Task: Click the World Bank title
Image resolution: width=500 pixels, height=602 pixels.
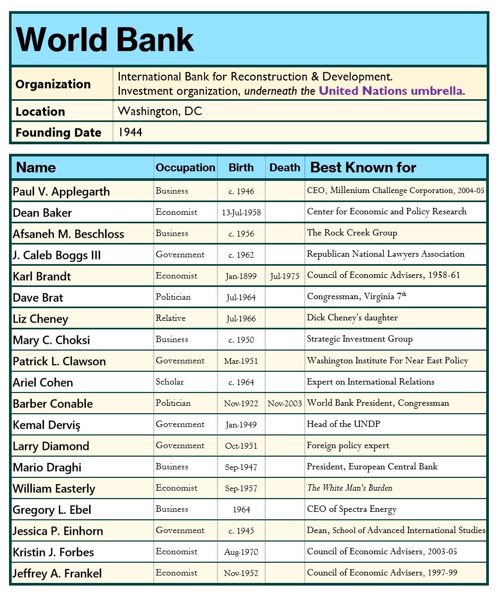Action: point(105,40)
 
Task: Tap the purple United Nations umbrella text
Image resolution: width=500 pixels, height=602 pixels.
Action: point(391,91)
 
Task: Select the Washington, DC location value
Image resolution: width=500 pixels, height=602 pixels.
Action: point(160,111)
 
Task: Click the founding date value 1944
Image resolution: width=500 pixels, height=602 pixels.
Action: point(130,132)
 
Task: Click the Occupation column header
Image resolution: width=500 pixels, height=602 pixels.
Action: point(185,168)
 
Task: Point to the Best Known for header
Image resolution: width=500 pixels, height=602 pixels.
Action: point(363,168)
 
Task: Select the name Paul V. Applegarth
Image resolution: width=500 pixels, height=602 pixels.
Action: point(61,191)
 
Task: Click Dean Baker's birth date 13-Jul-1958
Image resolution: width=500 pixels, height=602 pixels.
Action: point(241,213)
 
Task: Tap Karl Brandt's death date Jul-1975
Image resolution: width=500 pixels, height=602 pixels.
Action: point(285,276)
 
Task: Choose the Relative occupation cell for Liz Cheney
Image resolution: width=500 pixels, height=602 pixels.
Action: point(170,318)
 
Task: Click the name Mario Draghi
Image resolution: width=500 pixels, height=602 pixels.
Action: point(47,467)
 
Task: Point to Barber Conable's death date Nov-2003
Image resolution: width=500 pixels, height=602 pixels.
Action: point(285,404)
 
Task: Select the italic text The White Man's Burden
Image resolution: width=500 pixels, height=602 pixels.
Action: point(349,488)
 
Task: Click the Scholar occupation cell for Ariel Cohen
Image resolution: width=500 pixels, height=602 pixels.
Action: point(170,382)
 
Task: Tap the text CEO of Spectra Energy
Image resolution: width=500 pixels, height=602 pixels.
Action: point(352,509)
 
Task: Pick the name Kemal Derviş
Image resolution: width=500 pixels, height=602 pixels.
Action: point(47,425)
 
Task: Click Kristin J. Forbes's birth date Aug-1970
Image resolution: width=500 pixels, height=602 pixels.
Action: point(241,552)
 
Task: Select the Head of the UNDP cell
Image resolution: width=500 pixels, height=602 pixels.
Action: point(343,424)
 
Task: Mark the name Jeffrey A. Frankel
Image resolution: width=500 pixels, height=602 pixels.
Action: point(57,573)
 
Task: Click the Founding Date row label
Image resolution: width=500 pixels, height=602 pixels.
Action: point(58,133)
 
